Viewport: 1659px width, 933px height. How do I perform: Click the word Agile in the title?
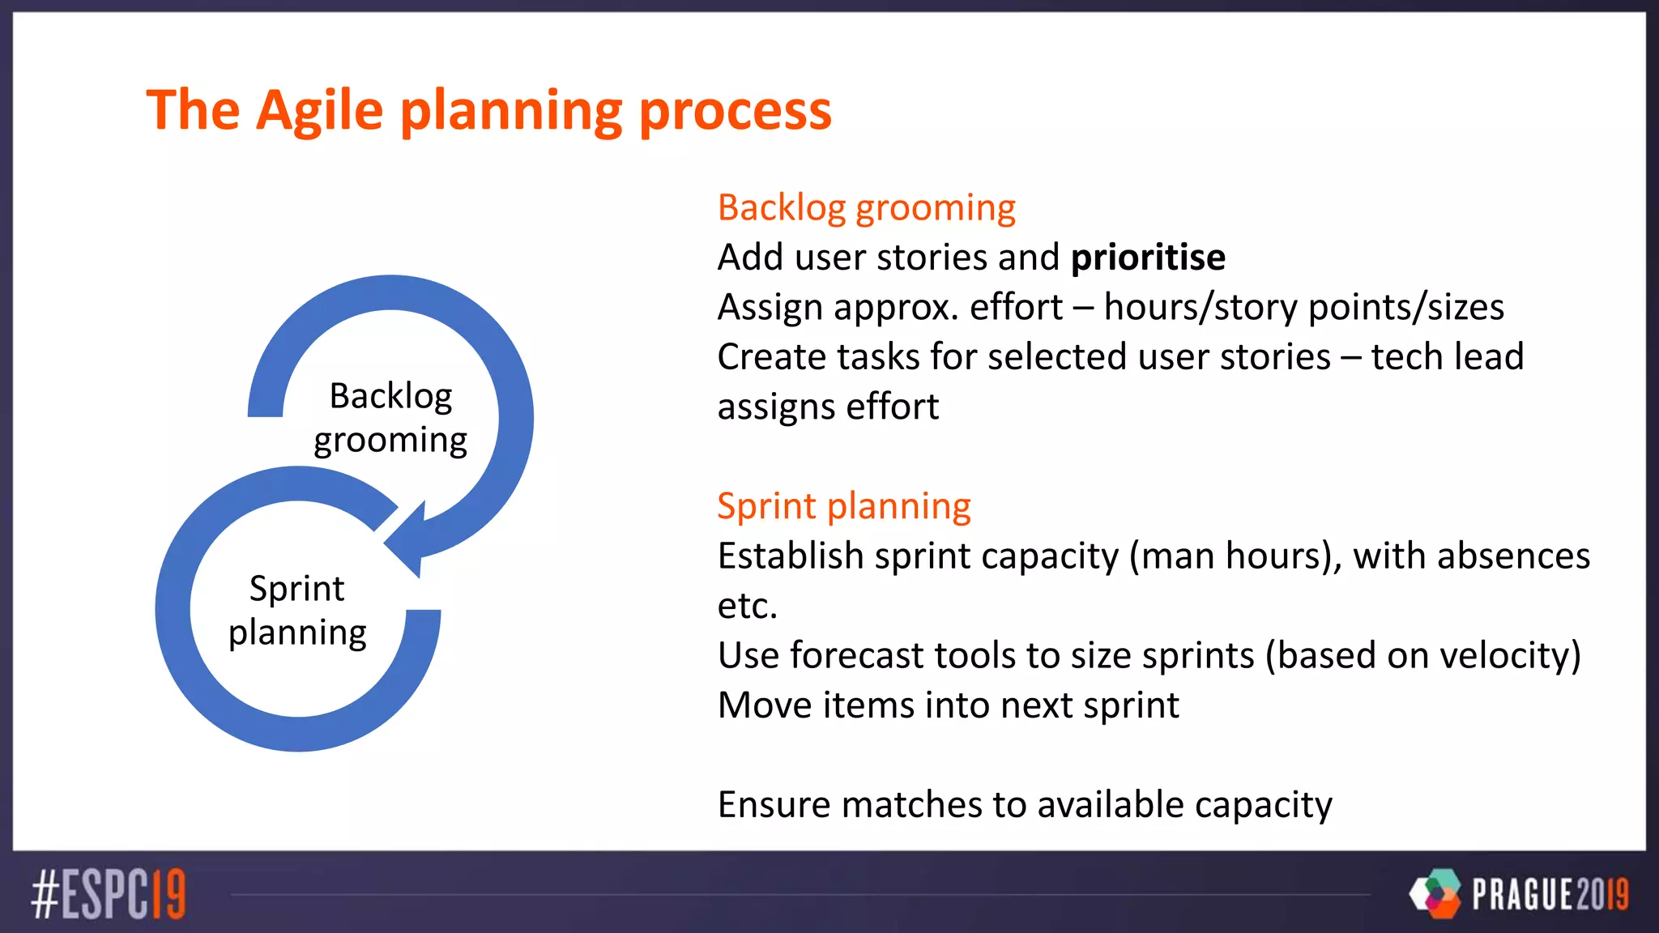click(x=320, y=111)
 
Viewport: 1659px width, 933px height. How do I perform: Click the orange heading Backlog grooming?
click(x=866, y=208)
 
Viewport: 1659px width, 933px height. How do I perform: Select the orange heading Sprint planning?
click(x=843, y=506)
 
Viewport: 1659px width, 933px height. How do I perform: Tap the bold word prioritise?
click(x=1147, y=258)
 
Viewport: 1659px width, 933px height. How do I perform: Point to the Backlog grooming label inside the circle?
click(x=390, y=418)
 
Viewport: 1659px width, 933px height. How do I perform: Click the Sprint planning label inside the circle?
click(x=297, y=610)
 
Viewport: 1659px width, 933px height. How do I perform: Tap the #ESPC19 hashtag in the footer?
click(x=109, y=894)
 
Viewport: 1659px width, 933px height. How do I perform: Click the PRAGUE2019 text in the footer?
click(x=1550, y=894)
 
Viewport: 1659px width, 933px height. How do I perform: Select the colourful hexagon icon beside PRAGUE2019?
click(x=1436, y=893)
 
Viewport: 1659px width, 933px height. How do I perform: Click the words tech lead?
click(x=1447, y=357)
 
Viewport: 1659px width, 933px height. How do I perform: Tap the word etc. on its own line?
click(x=747, y=606)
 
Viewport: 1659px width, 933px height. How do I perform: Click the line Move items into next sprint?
click(x=948, y=705)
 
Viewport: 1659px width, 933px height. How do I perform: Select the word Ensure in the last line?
click(x=774, y=805)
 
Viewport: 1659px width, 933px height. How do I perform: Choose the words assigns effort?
click(x=828, y=407)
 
